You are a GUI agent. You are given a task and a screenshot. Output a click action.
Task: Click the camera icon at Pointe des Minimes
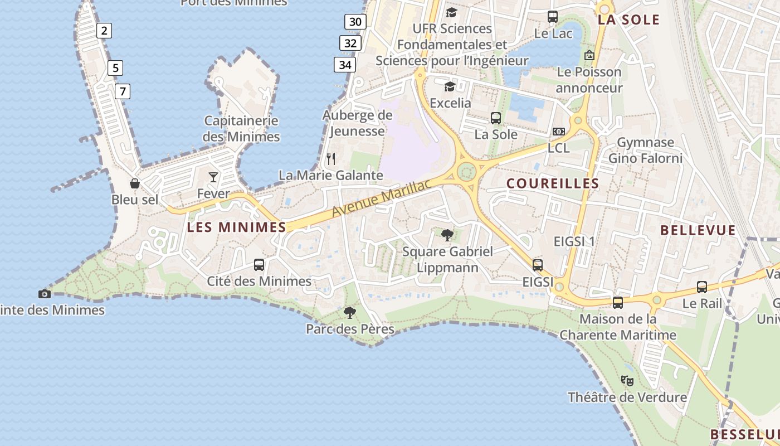[x=45, y=294]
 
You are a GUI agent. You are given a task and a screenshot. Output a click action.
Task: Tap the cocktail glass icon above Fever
[x=213, y=177]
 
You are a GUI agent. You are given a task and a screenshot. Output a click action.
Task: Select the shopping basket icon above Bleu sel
[x=134, y=183]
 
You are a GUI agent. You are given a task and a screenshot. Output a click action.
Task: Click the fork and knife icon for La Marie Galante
[x=331, y=159]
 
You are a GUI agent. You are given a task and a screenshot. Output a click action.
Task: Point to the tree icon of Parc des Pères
[x=350, y=312]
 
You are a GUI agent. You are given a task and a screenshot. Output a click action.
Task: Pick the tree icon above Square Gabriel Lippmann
[x=447, y=235]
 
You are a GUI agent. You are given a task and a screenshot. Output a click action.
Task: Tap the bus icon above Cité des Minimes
[x=259, y=264]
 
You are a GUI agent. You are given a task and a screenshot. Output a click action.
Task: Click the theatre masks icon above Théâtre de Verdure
[x=627, y=381]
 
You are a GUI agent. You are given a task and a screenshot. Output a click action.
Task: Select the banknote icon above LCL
[x=558, y=132]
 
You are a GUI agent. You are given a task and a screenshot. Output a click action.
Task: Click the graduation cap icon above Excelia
[x=450, y=86]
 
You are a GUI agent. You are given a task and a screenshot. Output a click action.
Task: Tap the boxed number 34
[x=345, y=65]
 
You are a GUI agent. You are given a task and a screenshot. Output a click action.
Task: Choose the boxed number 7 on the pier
[x=123, y=91]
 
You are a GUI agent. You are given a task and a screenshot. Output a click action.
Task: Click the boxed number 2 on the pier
[x=104, y=31]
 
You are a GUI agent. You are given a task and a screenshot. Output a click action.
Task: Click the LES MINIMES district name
[x=236, y=227]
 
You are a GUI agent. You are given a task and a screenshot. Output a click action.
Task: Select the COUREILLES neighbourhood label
[x=552, y=183]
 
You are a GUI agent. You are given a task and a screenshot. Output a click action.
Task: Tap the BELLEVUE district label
[x=698, y=230]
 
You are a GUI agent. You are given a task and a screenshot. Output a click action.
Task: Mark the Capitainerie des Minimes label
[x=241, y=129]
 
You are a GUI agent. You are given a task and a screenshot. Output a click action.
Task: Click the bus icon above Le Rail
[x=702, y=287]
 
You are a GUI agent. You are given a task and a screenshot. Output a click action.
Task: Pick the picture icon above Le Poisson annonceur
[x=589, y=55]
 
